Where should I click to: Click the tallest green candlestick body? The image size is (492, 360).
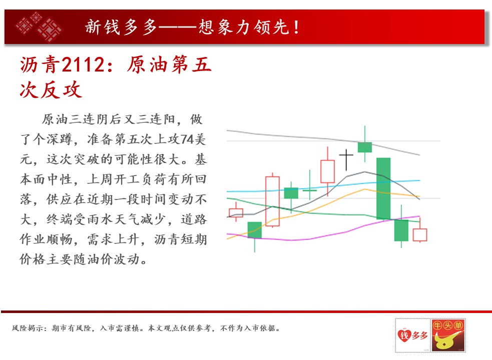coord(383,188)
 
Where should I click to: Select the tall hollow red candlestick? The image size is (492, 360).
coord(272,201)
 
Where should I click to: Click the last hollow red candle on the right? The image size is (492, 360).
coord(420,234)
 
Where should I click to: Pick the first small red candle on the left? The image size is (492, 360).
coord(236,212)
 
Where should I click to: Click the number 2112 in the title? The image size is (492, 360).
coord(83,65)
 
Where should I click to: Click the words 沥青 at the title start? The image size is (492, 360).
coord(40,65)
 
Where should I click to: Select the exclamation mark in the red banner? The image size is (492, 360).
coord(296,27)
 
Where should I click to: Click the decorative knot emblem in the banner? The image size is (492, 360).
coord(39,26)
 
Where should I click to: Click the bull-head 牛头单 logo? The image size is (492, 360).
coord(448,335)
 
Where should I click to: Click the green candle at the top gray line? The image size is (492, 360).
coord(364,147)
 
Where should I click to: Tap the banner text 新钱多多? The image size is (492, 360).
coord(121,27)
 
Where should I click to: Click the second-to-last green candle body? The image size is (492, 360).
coord(401,230)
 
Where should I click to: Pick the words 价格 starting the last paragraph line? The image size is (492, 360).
coord(33,259)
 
